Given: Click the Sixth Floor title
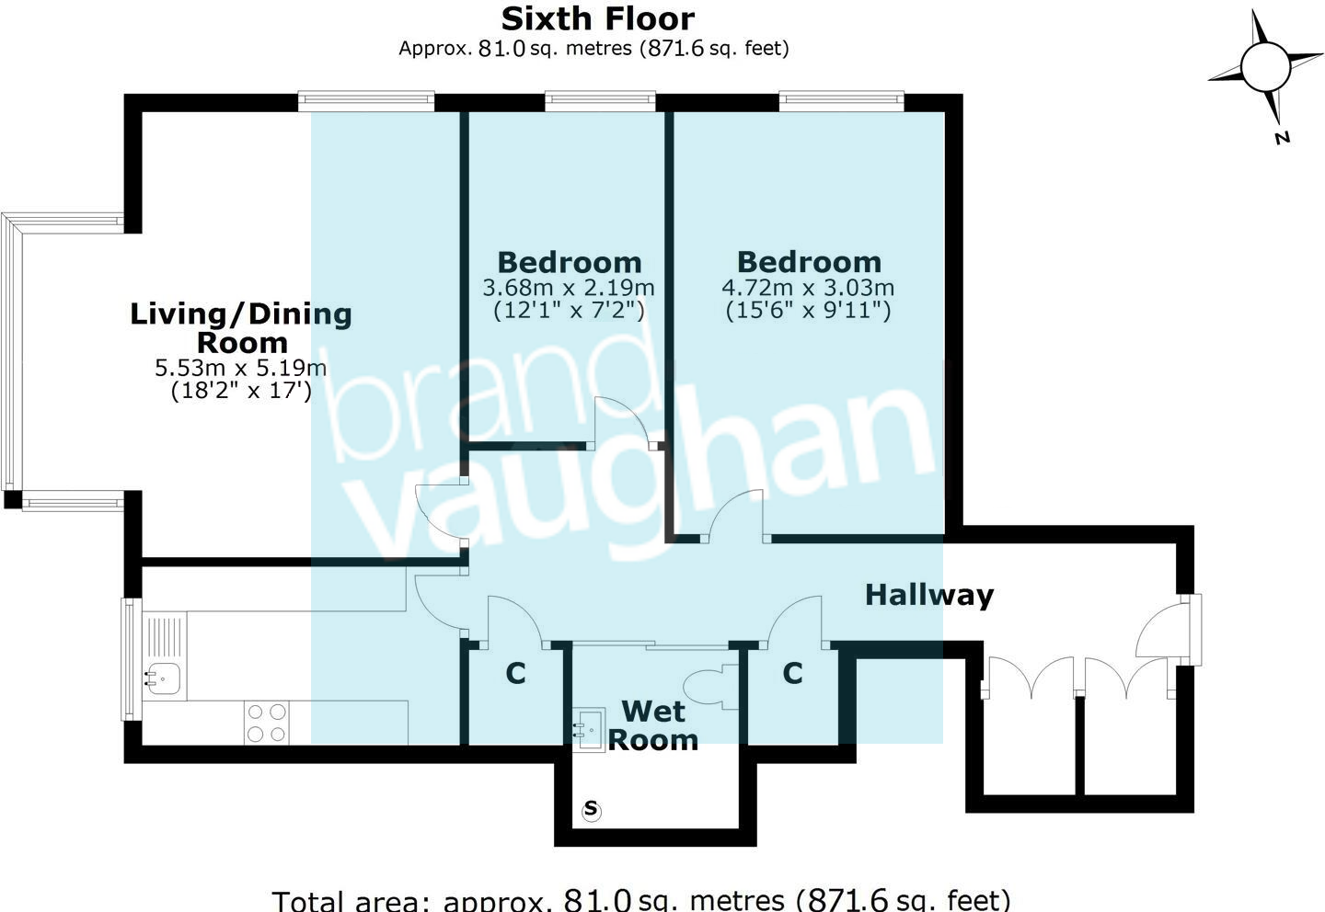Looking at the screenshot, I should [x=597, y=18].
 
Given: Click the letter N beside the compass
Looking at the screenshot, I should [x=1282, y=138].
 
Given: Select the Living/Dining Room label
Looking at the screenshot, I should [x=241, y=328].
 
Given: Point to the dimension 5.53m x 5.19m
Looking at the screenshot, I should [x=241, y=369].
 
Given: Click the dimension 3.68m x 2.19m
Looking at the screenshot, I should [x=569, y=288].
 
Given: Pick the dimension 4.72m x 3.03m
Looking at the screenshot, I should [x=808, y=288].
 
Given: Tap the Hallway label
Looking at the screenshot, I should [x=929, y=595].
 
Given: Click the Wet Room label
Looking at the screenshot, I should [x=653, y=725].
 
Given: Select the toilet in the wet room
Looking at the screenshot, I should [x=710, y=687].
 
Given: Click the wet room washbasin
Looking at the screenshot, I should [x=589, y=727].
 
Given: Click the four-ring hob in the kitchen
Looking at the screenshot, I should [x=266, y=723].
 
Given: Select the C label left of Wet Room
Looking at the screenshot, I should [x=515, y=674].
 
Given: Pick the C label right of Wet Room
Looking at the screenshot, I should [x=792, y=674].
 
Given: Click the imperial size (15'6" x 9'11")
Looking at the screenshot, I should [x=808, y=311].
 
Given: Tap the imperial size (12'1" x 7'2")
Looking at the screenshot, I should [x=569, y=311].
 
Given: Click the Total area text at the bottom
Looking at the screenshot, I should [x=641, y=899].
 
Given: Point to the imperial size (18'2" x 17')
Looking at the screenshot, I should [x=241, y=391].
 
